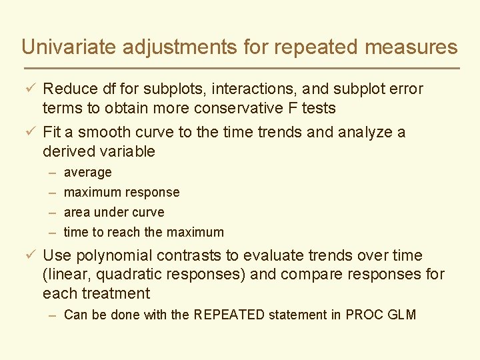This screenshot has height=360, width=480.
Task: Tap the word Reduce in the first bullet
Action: [70, 89]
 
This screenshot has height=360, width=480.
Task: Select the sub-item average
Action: [87, 173]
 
